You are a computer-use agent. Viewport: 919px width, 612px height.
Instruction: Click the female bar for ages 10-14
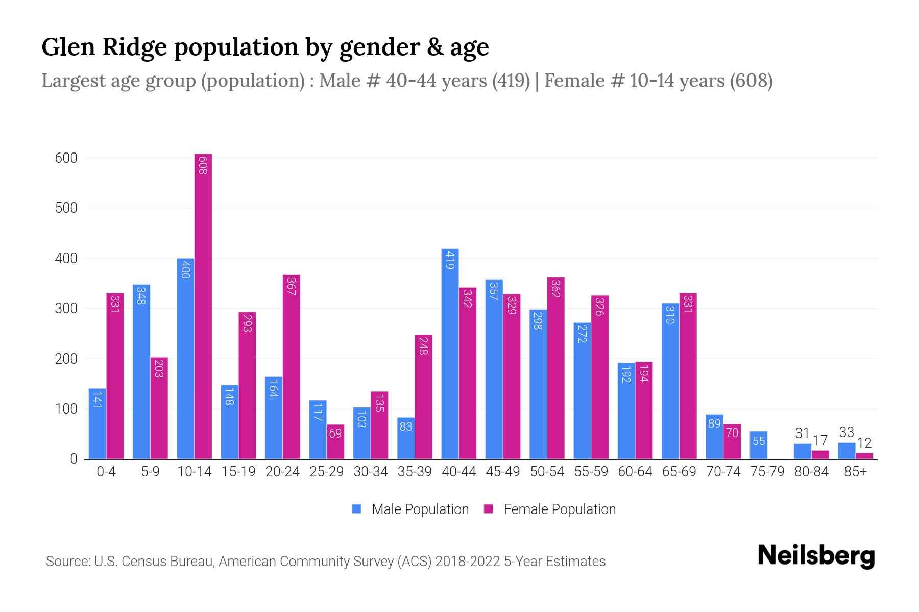[203, 306]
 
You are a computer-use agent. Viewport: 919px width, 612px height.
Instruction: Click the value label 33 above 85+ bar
[847, 432]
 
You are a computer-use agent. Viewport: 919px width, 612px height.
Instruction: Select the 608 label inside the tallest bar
[203, 166]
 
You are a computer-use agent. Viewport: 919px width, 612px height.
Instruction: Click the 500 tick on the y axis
[66, 208]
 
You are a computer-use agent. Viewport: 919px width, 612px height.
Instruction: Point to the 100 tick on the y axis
[66, 409]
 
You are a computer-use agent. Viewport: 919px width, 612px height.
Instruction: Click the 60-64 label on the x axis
[635, 472]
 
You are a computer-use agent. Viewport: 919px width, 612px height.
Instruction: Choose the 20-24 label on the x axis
[282, 472]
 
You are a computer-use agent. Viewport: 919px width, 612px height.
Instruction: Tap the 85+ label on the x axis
[855, 472]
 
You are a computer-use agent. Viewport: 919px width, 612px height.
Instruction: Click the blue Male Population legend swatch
[356, 509]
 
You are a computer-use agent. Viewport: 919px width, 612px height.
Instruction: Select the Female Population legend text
[560, 509]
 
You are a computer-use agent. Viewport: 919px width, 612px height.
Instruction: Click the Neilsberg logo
[816, 556]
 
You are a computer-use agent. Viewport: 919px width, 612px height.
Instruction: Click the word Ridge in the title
[135, 47]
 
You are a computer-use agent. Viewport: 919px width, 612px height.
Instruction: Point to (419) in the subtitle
[511, 81]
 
